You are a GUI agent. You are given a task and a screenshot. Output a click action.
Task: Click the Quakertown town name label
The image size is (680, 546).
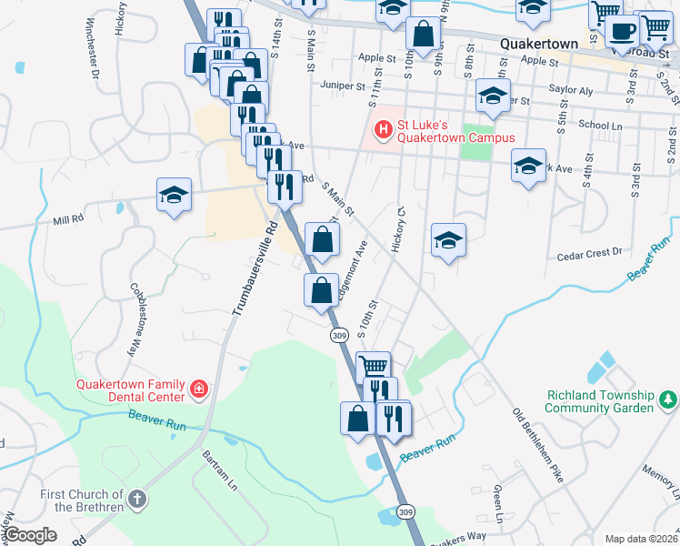tap(540, 44)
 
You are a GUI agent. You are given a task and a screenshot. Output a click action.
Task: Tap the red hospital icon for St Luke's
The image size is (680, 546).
tap(382, 131)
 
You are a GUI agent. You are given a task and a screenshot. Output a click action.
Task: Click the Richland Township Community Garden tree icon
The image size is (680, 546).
tap(668, 399)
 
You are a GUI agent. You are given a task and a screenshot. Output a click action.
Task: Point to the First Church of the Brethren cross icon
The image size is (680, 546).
tap(136, 499)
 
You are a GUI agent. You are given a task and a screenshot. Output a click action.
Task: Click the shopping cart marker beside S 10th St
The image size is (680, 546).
tap(374, 366)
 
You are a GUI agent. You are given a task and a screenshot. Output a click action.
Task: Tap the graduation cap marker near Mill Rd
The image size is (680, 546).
tap(174, 195)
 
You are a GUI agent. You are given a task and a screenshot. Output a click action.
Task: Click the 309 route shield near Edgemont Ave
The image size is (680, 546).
tap(338, 335)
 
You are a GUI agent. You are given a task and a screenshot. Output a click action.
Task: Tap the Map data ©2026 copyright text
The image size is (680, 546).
tap(640, 539)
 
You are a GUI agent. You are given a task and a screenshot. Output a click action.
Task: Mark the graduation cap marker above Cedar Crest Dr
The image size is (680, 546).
tap(448, 240)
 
